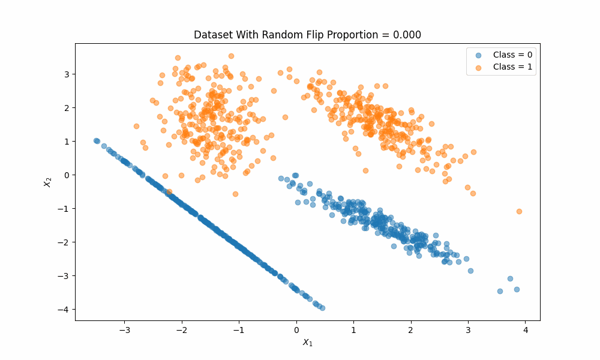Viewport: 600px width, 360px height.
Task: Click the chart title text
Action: point(307,35)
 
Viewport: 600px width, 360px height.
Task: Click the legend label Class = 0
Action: point(512,55)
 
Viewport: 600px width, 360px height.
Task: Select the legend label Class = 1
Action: point(512,67)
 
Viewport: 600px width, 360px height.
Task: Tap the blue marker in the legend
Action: point(478,55)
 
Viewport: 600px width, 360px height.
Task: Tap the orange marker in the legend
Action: point(478,67)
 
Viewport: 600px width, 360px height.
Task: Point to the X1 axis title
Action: point(307,343)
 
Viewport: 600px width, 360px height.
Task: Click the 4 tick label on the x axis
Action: point(525,330)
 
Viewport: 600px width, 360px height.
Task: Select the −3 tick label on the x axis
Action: point(124,330)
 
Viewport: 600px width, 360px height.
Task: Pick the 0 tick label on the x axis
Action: point(296,330)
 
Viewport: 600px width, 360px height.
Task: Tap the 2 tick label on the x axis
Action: point(410,330)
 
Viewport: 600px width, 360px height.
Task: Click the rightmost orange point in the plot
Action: point(519,211)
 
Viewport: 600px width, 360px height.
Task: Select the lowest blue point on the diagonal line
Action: point(322,308)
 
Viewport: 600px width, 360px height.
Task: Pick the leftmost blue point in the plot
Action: point(95,140)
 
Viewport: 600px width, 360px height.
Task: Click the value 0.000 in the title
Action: point(407,35)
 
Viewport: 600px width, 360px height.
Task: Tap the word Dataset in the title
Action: point(213,35)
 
